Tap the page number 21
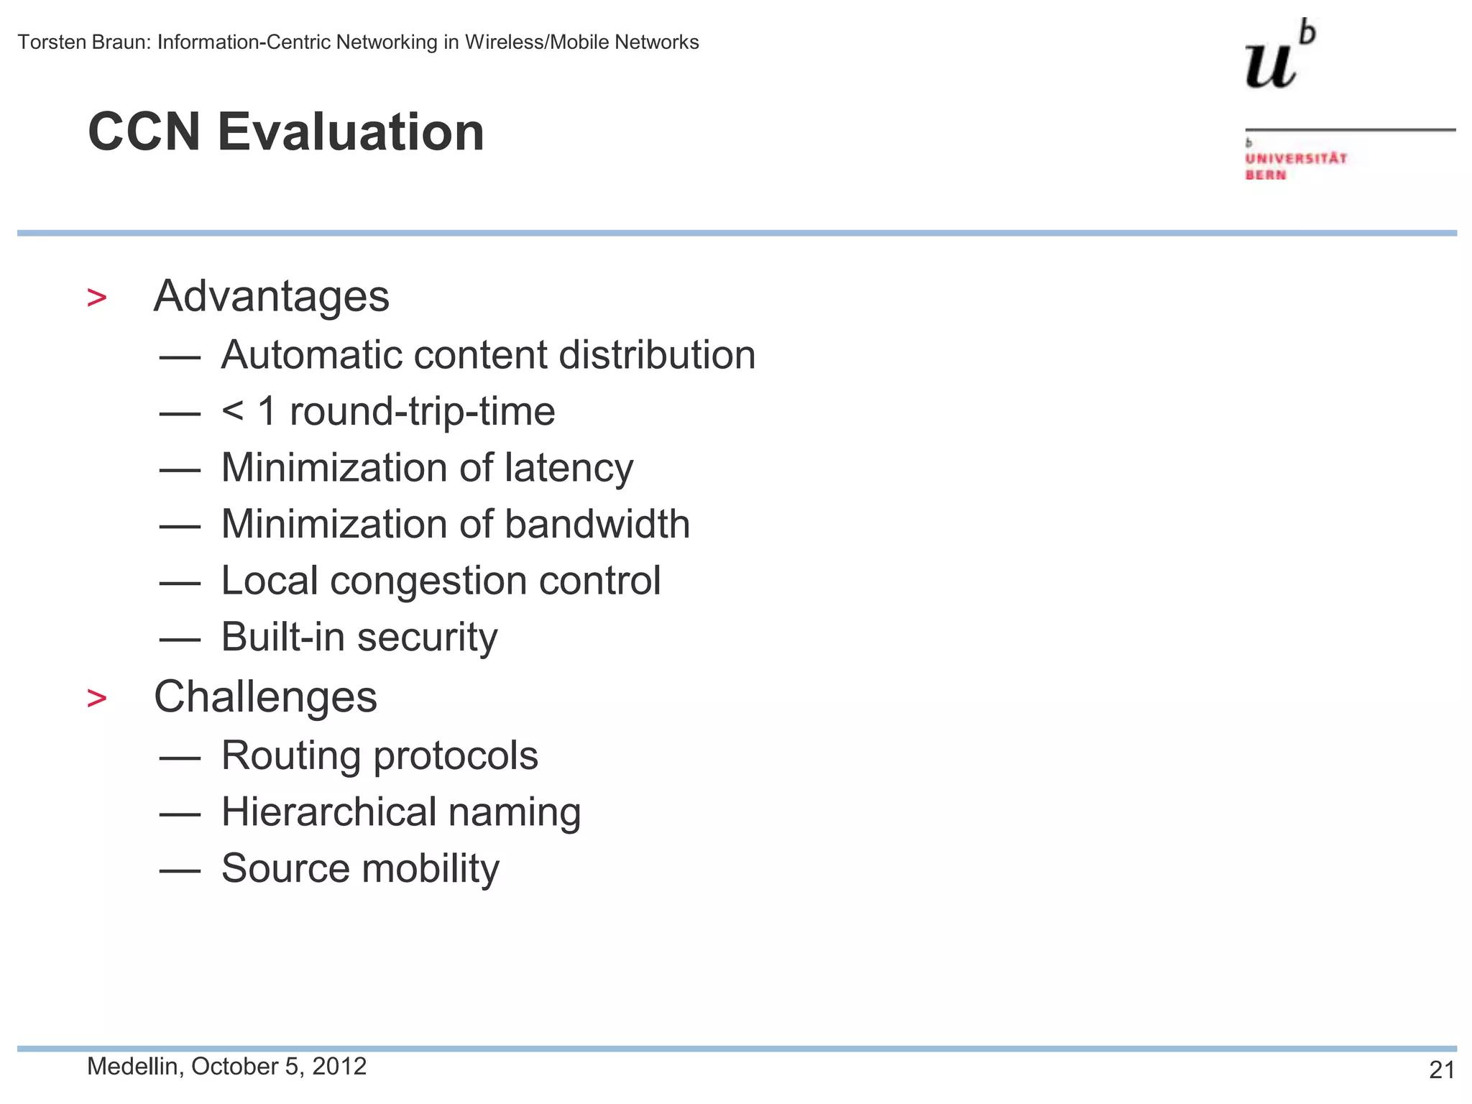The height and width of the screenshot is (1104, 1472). (1441, 1070)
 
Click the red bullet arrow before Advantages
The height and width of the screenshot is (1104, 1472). (96, 298)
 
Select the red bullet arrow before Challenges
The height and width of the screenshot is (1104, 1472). (96, 698)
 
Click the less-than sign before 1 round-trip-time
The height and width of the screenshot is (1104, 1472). (232, 410)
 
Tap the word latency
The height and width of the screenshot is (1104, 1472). (569, 468)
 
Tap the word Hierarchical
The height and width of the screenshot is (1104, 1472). (328, 812)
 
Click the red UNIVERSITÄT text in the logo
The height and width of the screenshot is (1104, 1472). (1295, 158)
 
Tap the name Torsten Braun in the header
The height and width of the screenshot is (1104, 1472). (83, 42)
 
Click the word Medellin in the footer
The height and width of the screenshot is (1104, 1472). (132, 1067)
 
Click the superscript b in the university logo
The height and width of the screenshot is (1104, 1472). (1308, 33)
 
